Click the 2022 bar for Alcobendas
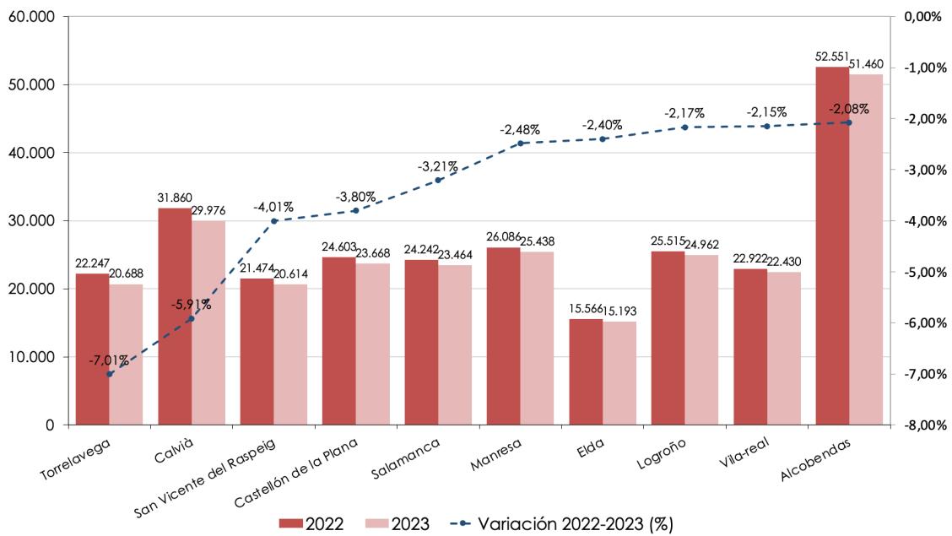pyautogui.click(x=832, y=246)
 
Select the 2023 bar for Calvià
pyautogui.click(x=208, y=323)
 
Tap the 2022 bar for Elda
pyautogui.click(x=586, y=372)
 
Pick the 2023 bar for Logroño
pyautogui.click(x=701, y=340)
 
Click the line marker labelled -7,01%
pyautogui.click(x=109, y=374)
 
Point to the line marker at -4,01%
pyautogui.click(x=273, y=221)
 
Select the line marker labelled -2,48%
pyautogui.click(x=521, y=143)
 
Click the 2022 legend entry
pyautogui.click(x=311, y=524)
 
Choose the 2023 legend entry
pyautogui.click(x=397, y=524)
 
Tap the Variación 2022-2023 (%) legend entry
pyautogui.click(x=562, y=524)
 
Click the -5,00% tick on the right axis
pyautogui.click(x=925, y=272)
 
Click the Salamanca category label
pyautogui.click(x=406, y=459)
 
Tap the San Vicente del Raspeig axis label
pyautogui.click(x=204, y=479)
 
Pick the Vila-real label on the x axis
pyautogui.click(x=744, y=452)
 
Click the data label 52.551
pyautogui.click(x=832, y=57)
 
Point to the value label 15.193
pyautogui.click(x=619, y=311)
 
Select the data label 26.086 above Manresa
pyautogui.click(x=503, y=236)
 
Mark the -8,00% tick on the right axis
pyautogui.click(x=925, y=425)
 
